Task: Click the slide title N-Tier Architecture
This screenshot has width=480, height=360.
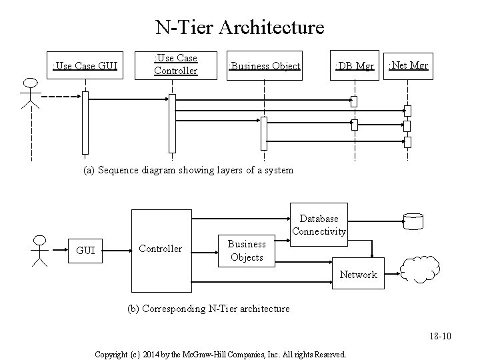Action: click(x=239, y=27)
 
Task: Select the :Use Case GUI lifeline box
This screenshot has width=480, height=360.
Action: click(x=86, y=65)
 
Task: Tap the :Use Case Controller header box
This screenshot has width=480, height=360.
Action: click(x=175, y=64)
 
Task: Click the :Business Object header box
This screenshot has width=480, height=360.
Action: click(x=264, y=65)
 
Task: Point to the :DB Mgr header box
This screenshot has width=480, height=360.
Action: click(x=354, y=65)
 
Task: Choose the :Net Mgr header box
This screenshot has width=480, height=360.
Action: click(x=408, y=65)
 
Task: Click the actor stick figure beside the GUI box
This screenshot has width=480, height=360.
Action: click(x=40, y=251)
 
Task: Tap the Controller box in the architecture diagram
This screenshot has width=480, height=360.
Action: click(x=160, y=249)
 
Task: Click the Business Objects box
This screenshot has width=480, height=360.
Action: click(x=247, y=251)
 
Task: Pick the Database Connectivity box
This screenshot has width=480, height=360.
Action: click(x=319, y=225)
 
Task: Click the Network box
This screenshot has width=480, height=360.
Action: click(x=359, y=274)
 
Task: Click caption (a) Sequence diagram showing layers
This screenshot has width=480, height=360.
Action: click(x=188, y=170)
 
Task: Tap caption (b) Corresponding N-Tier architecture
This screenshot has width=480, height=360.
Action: click(x=208, y=309)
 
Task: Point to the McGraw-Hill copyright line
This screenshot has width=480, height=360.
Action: click(x=220, y=354)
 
